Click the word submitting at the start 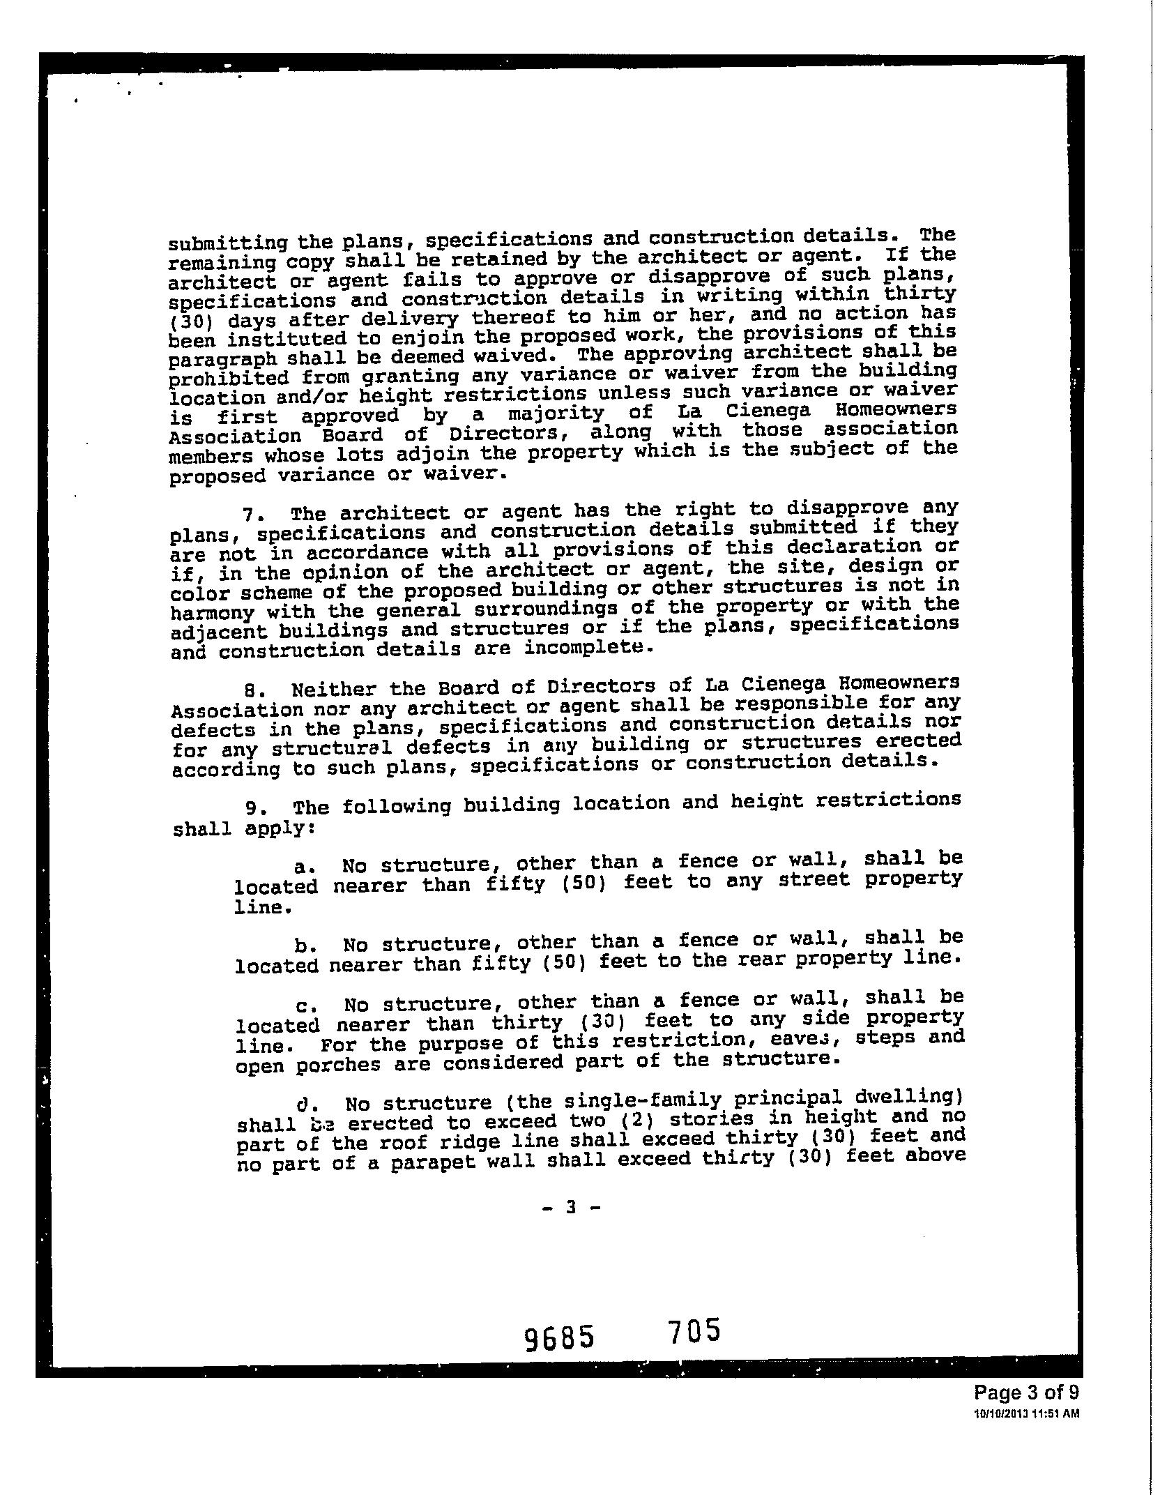[x=228, y=243]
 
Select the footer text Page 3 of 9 [x=1026, y=1413]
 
